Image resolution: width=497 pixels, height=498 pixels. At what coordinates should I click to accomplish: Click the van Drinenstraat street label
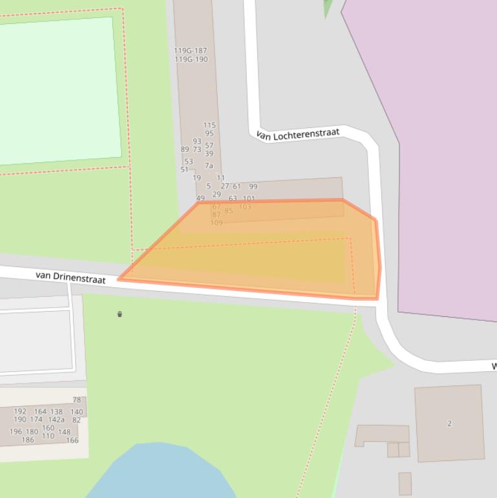[70, 277]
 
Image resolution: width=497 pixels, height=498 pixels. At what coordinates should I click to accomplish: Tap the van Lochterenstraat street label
[297, 134]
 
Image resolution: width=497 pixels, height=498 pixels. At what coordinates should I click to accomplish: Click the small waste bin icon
[120, 314]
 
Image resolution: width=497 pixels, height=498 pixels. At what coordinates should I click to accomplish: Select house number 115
[209, 125]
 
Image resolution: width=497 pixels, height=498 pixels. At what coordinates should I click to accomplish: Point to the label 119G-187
[190, 50]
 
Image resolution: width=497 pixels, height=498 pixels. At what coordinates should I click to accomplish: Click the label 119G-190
[191, 60]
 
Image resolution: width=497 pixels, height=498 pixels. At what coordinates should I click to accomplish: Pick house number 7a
[209, 166]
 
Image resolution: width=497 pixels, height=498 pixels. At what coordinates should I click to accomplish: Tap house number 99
[253, 186]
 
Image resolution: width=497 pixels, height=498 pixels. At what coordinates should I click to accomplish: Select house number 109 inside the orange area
[217, 223]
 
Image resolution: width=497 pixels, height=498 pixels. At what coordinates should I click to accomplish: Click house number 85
[229, 211]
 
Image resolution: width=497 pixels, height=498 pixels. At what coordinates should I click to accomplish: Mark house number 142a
[56, 420]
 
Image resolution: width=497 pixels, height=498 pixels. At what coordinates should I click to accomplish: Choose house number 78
[77, 400]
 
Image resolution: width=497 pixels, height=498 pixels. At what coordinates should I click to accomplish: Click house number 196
[16, 432]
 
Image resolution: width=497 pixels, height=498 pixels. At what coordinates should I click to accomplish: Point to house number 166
[72, 440]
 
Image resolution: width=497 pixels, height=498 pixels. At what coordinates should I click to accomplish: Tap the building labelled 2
[449, 424]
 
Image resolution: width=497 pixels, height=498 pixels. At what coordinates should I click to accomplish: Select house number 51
[184, 170]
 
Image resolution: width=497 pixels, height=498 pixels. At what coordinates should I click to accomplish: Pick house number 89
[185, 149]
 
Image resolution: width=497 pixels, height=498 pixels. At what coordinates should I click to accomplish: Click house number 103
[244, 207]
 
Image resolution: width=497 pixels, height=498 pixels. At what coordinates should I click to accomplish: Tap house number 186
[28, 440]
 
